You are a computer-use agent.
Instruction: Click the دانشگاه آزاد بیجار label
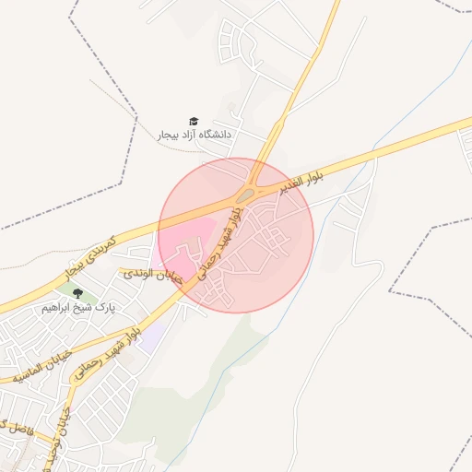point(195,135)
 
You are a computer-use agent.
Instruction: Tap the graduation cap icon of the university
point(194,121)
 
